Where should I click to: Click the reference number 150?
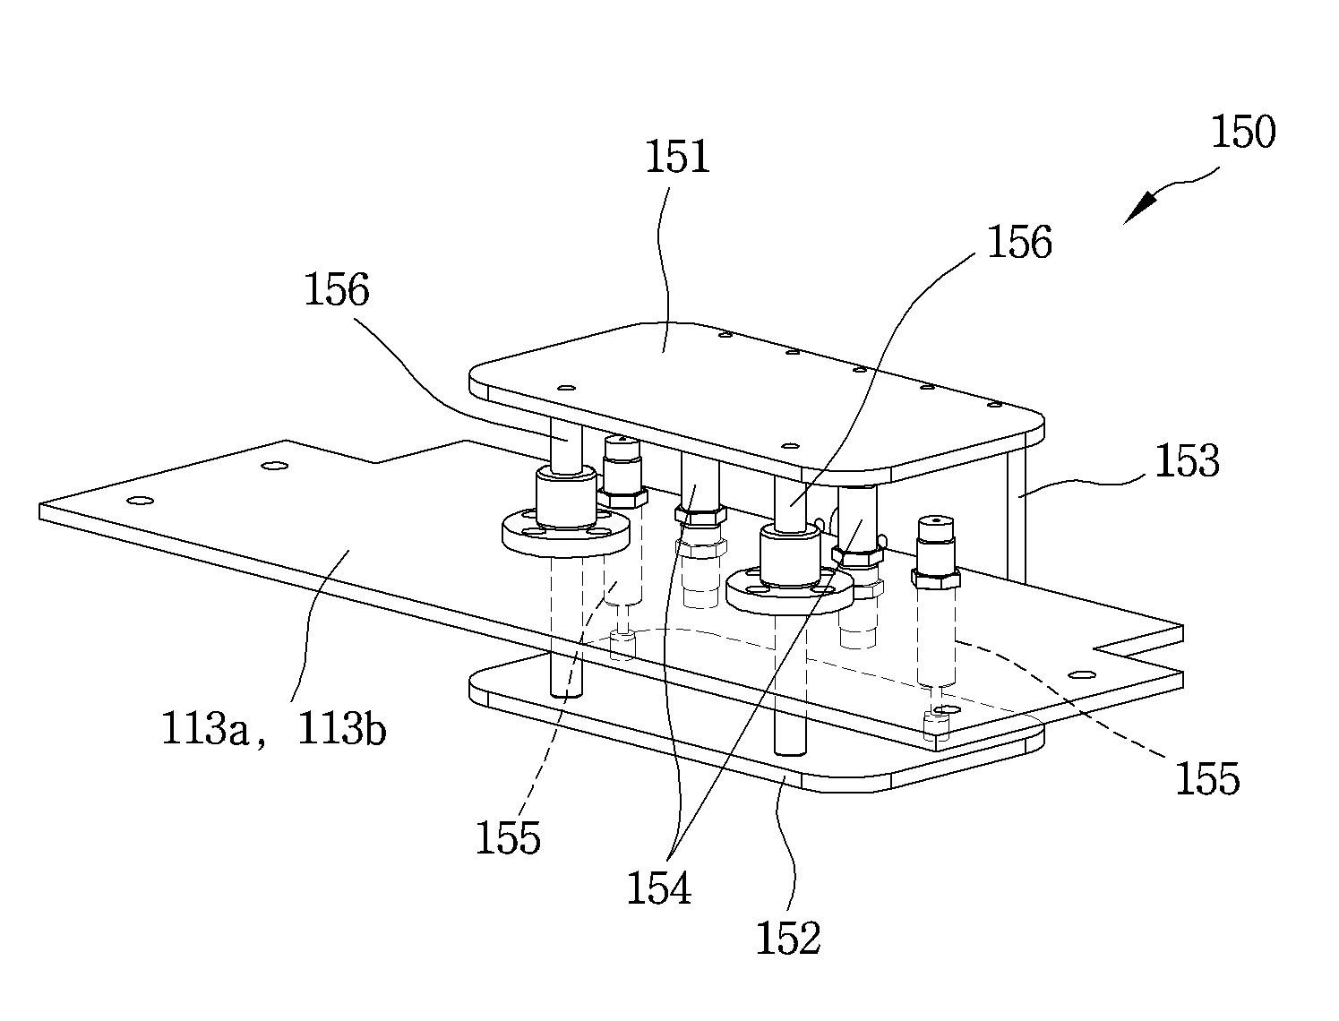pyautogui.click(x=1242, y=132)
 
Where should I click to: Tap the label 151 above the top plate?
pyautogui.click(x=677, y=157)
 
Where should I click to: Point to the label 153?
pyautogui.click(x=1187, y=460)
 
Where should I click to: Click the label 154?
pyautogui.click(x=659, y=888)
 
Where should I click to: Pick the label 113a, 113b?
pyautogui.click(x=274, y=729)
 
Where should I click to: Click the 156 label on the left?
pyautogui.click(x=336, y=289)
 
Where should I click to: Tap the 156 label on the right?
pyautogui.click(x=1019, y=242)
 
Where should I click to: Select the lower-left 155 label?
pyautogui.click(x=508, y=837)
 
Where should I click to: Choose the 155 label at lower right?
pyautogui.click(x=1207, y=778)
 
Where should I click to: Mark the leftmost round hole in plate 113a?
pyautogui.click(x=140, y=501)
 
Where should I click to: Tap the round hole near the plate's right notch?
pyautogui.click(x=1082, y=675)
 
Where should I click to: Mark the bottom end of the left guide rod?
pyautogui.click(x=566, y=693)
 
